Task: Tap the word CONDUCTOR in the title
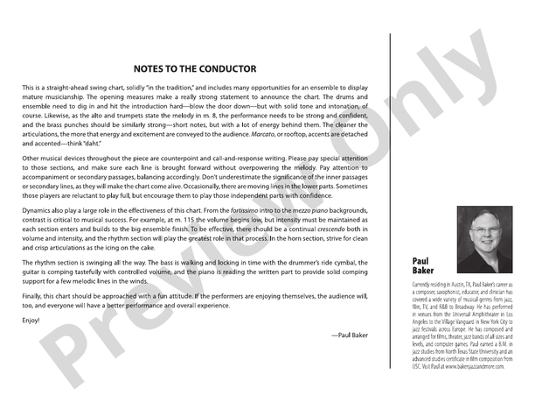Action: (225, 68)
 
